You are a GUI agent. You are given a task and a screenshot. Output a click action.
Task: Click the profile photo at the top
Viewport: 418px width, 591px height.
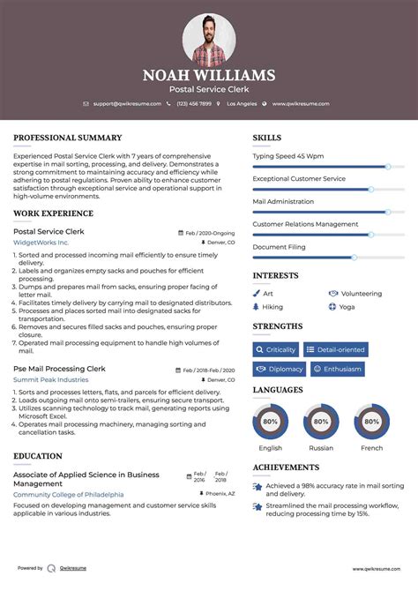pos(209,39)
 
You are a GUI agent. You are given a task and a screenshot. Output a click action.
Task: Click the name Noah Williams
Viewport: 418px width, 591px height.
pos(209,76)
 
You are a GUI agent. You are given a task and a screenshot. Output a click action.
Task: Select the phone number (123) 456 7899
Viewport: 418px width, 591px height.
pos(193,103)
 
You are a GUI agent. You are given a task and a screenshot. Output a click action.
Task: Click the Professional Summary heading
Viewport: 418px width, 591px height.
pos(67,138)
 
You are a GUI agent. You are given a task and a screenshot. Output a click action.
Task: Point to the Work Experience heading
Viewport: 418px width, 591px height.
pos(55,213)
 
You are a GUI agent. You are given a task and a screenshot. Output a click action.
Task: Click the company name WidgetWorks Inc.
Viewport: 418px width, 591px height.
pos(41,242)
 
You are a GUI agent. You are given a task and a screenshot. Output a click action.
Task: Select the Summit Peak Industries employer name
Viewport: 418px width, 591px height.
pos(50,379)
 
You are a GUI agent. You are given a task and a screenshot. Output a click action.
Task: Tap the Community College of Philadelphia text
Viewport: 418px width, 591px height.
pos(68,495)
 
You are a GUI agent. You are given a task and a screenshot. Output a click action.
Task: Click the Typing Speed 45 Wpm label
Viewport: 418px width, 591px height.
pos(287,155)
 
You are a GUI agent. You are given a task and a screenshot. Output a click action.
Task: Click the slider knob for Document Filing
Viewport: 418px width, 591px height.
pos(355,258)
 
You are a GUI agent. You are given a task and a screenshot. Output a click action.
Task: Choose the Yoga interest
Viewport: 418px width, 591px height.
pos(347,307)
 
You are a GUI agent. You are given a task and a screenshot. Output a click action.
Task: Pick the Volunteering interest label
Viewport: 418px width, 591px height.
pos(361,294)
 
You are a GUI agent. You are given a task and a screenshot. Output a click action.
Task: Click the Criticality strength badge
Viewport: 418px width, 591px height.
pos(276,349)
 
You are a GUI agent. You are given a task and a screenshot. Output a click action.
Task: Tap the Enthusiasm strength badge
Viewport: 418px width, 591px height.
pos(334,369)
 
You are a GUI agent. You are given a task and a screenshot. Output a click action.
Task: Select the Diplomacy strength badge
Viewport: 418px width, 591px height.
pos(280,369)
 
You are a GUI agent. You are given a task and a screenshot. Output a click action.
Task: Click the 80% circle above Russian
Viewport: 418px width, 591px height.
pos(321,422)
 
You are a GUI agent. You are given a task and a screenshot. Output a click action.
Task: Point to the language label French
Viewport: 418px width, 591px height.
pos(371,448)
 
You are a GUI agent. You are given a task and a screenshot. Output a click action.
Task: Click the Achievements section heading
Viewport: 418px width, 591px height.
pos(286,468)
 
